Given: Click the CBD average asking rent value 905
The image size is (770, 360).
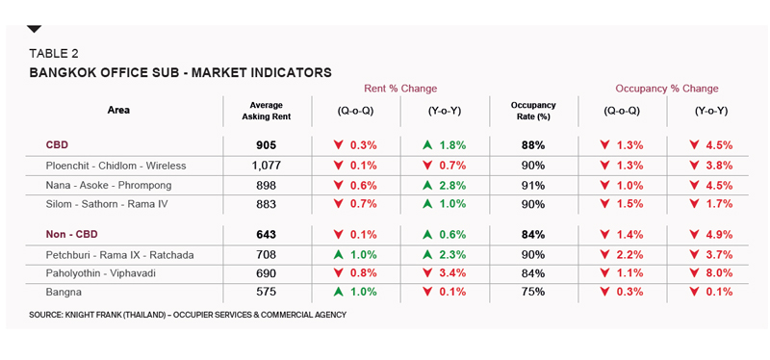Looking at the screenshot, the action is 268,145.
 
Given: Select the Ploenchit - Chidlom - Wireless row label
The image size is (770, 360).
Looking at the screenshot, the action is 115,166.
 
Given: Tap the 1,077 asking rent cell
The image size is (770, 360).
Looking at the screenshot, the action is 268,166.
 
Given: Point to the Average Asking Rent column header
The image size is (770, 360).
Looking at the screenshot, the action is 267,111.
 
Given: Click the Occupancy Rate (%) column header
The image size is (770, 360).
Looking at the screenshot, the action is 533,111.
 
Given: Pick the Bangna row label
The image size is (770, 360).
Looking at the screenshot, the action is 64,293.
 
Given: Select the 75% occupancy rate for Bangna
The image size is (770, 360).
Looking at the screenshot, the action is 533,292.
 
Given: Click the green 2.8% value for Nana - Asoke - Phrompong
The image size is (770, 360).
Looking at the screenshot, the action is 451,186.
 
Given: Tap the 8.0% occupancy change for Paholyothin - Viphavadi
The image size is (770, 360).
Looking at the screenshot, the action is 719,273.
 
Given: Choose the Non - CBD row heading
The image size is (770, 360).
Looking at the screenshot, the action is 71,234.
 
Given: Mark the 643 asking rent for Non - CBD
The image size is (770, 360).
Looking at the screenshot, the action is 268,235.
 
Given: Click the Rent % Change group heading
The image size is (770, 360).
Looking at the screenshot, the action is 400,89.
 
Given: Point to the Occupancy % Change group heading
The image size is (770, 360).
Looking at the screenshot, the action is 667,89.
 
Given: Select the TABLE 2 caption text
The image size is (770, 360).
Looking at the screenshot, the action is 54,54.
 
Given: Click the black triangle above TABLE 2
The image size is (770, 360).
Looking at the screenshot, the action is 35,30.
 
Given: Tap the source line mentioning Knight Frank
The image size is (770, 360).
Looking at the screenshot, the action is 188,315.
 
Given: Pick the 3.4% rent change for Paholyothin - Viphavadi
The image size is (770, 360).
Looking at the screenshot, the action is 451,273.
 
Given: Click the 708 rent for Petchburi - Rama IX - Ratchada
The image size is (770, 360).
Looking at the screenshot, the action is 268,255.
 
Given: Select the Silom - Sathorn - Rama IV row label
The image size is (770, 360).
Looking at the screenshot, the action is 107,204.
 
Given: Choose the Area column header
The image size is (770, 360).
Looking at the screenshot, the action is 118,110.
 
